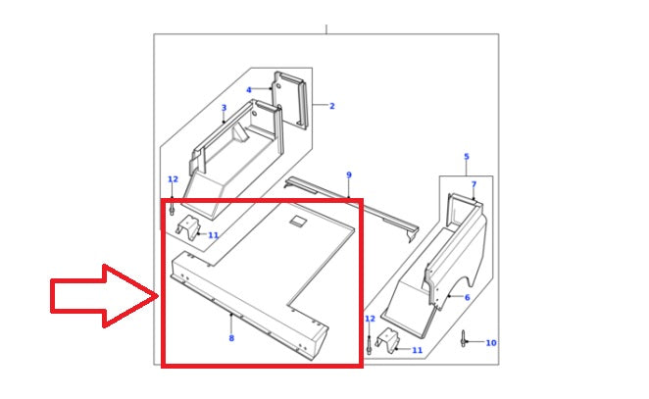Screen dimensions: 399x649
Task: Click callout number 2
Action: pyautogui.click(x=331, y=106)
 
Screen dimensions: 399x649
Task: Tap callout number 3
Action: pyautogui.click(x=224, y=108)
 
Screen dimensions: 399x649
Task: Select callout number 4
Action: pyautogui.click(x=249, y=90)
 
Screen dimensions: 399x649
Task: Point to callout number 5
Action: pyautogui.click(x=466, y=157)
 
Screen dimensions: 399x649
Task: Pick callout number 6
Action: pyautogui.click(x=467, y=297)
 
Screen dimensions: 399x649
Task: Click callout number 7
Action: pyautogui.click(x=474, y=184)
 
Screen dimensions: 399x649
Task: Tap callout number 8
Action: pyautogui.click(x=231, y=338)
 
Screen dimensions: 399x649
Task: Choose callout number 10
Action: pyautogui.click(x=490, y=343)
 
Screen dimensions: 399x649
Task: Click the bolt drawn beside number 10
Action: pyautogui.click(x=462, y=339)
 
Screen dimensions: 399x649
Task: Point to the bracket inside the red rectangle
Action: pyautogui.click(x=186, y=230)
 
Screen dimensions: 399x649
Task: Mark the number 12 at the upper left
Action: pyautogui.click(x=173, y=179)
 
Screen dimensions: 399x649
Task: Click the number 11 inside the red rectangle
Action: pyautogui.click(x=213, y=235)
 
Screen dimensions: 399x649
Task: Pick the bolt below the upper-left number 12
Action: pyautogui.click(x=172, y=209)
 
